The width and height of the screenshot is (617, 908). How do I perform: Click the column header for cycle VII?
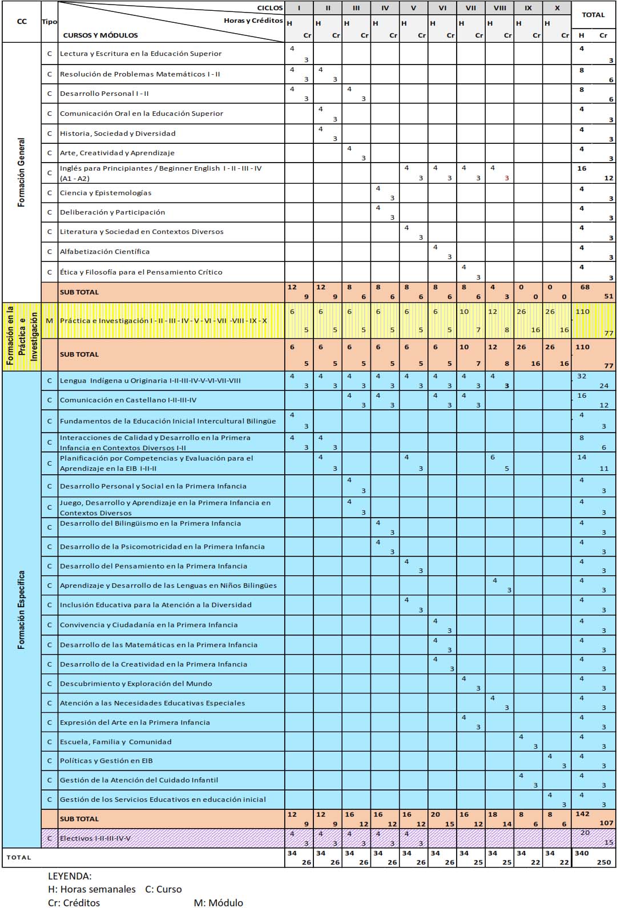tap(471, 8)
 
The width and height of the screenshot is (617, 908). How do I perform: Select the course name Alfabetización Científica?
tap(104, 252)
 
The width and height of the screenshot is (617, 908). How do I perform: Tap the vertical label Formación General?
tap(22, 172)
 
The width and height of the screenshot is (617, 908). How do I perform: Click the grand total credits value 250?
tap(604, 862)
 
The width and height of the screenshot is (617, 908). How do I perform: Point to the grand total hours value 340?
tap(582, 853)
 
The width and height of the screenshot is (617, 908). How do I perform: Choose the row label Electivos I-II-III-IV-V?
tap(95, 838)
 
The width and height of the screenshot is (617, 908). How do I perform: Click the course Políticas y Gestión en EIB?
tap(106, 761)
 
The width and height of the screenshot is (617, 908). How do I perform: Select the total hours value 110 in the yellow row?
tap(582, 312)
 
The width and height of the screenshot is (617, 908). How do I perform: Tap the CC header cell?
tap(22, 22)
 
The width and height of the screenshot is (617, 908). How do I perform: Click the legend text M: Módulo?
tap(218, 903)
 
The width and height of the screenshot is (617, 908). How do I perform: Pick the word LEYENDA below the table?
tap(70, 876)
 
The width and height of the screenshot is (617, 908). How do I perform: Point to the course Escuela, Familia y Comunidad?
tap(115, 742)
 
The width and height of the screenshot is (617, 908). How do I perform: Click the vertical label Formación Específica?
tap(22, 610)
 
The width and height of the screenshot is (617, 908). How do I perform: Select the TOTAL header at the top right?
tap(593, 15)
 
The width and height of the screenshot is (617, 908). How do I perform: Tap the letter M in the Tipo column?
tap(49, 321)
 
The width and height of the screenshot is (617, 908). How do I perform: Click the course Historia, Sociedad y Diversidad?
tap(118, 134)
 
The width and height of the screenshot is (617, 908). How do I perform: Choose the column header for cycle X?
tap(557, 8)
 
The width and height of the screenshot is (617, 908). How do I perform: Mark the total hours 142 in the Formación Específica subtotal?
tap(583, 814)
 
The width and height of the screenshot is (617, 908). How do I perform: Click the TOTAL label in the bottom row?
tap(19, 857)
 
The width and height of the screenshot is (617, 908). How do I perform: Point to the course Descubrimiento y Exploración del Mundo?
tap(136, 684)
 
